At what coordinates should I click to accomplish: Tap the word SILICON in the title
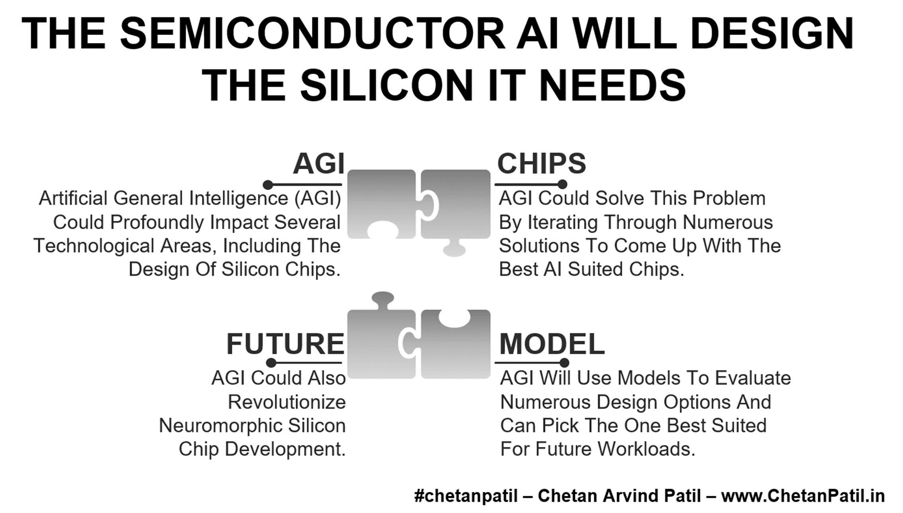pyautogui.click(x=386, y=85)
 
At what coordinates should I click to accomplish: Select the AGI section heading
pyautogui.click(x=318, y=164)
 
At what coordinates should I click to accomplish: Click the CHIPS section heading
pyautogui.click(x=542, y=164)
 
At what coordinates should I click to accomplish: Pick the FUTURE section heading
pyautogui.click(x=285, y=344)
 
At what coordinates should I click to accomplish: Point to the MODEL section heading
pyautogui.click(x=552, y=344)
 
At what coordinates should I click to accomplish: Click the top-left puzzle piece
pyautogui.click(x=382, y=204)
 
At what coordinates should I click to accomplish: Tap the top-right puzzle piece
pyautogui.click(x=456, y=211)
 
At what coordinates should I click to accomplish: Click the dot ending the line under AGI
pyautogui.click(x=268, y=185)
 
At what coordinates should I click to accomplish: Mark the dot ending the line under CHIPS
pyautogui.click(x=562, y=185)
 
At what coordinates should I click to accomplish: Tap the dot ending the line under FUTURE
pyautogui.click(x=271, y=363)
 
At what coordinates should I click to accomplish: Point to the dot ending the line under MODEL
pyautogui.click(x=564, y=363)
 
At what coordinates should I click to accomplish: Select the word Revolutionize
pyautogui.click(x=287, y=402)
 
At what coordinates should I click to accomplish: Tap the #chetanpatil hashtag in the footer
pyautogui.click(x=466, y=496)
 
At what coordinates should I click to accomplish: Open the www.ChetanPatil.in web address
pyautogui.click(x=803, y=496)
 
